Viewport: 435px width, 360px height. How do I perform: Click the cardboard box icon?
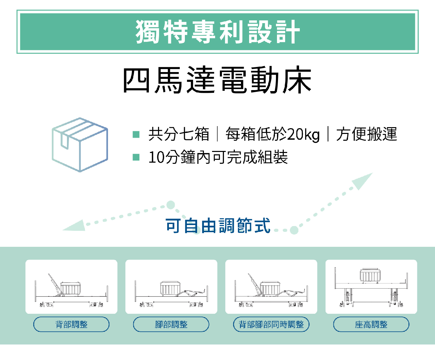tap(80, 145)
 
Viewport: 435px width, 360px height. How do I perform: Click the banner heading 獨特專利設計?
tap(217, 32)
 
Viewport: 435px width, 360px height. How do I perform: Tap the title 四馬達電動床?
tap(217, 81)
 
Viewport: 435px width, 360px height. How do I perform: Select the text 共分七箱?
tap(179, 134)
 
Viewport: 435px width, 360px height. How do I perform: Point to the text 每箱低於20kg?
tap(273, 134)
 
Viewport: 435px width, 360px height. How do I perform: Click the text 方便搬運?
tap(366, 134)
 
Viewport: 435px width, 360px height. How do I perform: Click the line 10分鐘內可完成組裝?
tap(218, 157)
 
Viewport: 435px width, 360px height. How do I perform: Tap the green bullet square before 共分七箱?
tap(136, 134)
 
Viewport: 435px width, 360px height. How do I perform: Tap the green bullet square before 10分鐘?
tap(136, 157)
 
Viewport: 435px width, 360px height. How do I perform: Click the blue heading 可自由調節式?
tap(218, 225)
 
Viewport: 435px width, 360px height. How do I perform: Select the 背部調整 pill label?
tap(71, 324)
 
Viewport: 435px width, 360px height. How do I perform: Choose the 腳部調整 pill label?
tap(171, 324)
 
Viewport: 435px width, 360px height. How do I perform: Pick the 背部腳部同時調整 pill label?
tap(271, 324)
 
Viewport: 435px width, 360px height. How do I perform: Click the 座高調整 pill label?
tap(371, 324)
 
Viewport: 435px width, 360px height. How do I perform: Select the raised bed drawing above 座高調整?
tap(371, 287)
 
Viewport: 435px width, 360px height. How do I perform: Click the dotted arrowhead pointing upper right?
tap(363, 181)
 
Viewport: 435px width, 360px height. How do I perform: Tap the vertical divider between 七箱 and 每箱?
tap(217, 134)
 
